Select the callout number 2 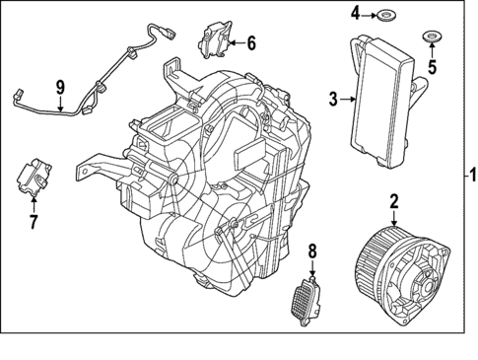point(393,202)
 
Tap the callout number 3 point(333,99)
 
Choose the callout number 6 point(250,43)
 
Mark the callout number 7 point(32,222)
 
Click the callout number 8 point(313,252)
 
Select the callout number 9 point(60,87)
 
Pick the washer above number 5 point(431,38)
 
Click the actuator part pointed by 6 point(216,41)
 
